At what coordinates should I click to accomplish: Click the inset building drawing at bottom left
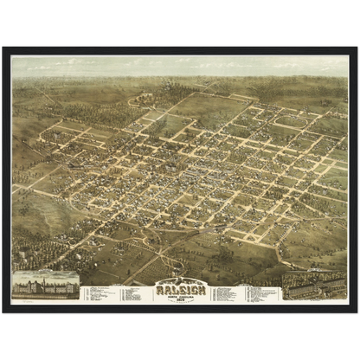point(45,287)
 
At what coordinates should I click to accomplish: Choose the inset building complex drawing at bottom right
point(314,288)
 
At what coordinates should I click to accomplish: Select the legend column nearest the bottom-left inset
point(97,293)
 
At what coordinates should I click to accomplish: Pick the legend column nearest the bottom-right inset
point(264,293)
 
